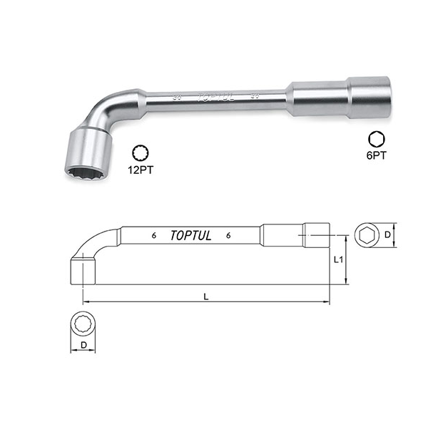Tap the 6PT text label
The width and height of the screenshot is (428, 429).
[x=377, y=153]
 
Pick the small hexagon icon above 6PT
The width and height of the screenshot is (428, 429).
[x=376, y=138]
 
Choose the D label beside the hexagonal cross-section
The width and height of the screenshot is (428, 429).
[x=387, y=234]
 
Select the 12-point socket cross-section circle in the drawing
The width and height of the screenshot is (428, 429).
[x=83, y=324]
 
